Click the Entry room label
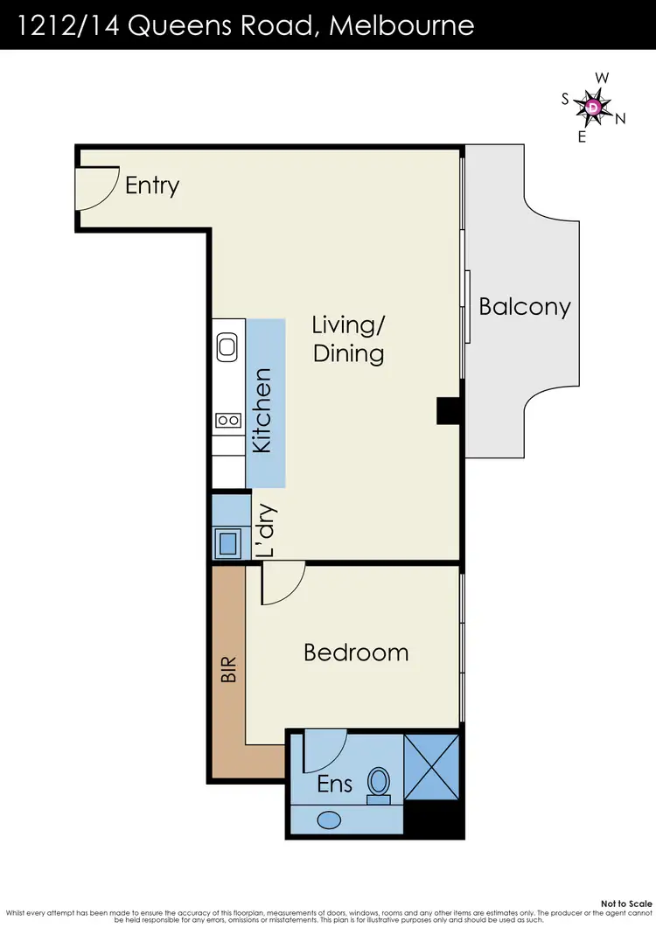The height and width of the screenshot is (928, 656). coord(152,185)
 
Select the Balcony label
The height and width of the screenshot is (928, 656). coord(524,307)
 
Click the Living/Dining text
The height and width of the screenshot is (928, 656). coord(348,339)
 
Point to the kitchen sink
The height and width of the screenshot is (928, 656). coord(228,346)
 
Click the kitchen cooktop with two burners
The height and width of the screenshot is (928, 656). coord(228,421)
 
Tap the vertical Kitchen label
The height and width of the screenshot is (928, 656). coord(262,410)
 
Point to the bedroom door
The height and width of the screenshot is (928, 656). coord(282,584)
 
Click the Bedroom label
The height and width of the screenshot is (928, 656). coord(356,652)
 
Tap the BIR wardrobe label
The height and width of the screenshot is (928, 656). coord(228,670)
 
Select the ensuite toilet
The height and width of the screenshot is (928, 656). coord(379,783)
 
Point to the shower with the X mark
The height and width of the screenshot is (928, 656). coord(432,766)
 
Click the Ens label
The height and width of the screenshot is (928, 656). coord(334,784)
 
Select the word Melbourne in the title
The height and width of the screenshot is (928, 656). coord(401,24)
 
